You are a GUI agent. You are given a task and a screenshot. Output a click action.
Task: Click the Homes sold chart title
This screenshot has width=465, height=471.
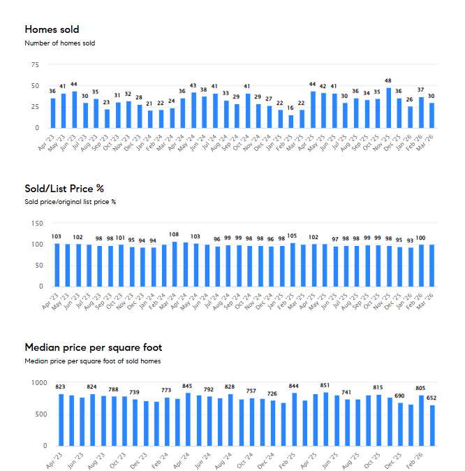tap(52, 29)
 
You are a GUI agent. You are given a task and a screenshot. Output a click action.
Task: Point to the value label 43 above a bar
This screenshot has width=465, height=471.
tap(193, 86)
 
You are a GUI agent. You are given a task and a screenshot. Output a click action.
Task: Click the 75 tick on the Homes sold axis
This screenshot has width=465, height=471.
tap(34, 65)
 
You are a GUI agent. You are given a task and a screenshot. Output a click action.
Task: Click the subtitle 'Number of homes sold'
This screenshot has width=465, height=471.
tap(59, 43)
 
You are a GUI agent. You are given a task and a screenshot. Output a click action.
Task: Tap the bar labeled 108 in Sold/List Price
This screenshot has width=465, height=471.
tap(175, 264)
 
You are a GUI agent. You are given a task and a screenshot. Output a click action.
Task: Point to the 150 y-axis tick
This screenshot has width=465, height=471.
tap(33, 224)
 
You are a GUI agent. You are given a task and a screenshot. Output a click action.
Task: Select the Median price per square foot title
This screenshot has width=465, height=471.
tap(93, 347)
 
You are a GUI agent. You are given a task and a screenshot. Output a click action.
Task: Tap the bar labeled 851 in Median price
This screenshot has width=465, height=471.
tap(325, 419)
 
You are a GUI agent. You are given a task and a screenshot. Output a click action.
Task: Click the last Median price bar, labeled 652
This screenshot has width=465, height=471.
tap(432, 426)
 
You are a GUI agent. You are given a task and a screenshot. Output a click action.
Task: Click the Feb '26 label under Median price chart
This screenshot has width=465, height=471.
tap(415, 458)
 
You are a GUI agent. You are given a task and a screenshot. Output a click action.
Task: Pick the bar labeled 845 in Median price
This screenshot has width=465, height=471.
tap(188, 419)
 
